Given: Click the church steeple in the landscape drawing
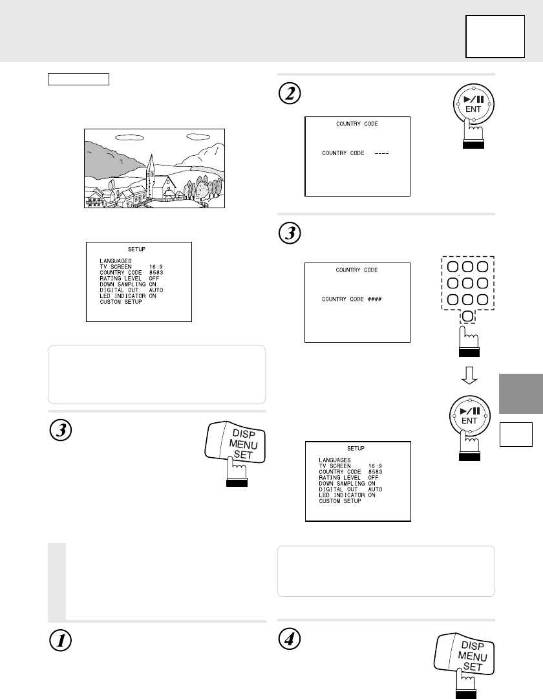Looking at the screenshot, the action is (x=151, y=165).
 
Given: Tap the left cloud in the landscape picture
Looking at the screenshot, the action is (x=129, y=138).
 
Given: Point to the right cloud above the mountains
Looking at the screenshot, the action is (x=199, y=136).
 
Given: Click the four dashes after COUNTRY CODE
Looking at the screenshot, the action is (x=381, y=153).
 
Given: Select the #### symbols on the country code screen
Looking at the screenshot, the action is (x=374, y=299).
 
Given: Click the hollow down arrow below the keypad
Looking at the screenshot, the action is (x=469, y=375).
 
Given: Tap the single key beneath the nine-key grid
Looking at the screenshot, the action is (x=467, y=316).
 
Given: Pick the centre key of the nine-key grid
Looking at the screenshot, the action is (x=467, y=283).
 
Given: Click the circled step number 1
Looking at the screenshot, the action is (x=60, y=641).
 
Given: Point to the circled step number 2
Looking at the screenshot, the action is (x=290, y=94).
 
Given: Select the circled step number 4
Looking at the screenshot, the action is (x=290, y=639).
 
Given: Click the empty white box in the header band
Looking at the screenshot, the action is (x=495, y=37).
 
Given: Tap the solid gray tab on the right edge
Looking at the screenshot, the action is (x=521, y=394).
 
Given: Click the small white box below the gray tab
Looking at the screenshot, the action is (x=516, y=434).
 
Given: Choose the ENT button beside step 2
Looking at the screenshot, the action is (x=473, y=104).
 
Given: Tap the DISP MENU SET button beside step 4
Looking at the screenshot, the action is (x=464, y=655).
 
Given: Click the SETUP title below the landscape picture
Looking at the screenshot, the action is (x=136, y=249).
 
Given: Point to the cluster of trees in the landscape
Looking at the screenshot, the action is (x=203, y=188).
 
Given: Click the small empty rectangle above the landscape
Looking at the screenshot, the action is (x=78, y=79).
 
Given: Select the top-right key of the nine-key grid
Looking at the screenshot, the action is (x=483, y=266).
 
